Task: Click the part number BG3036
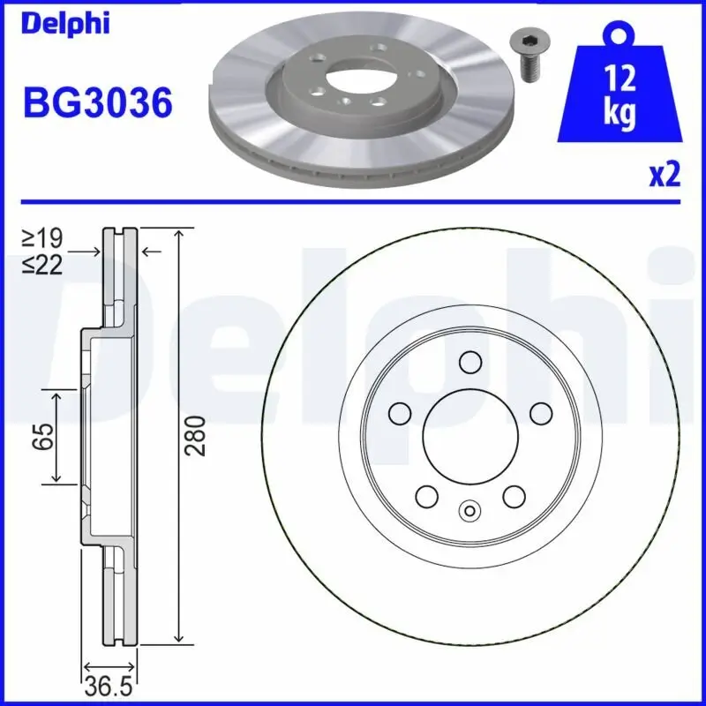[x=97, y=104]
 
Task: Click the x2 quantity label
[x=665, y=175]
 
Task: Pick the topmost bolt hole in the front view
[x=469, y=361]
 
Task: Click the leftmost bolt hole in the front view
[x=400, y=412]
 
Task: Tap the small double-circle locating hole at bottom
[x=469, y=509]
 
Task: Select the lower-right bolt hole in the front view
[x=514, y=496]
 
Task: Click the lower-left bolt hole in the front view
[x=427, y=496]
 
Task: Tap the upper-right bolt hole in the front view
[x=540, y=412]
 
